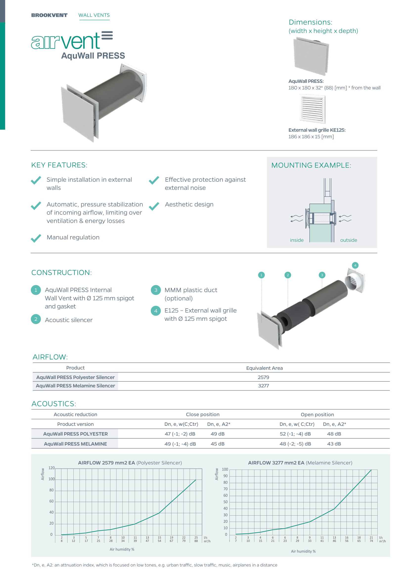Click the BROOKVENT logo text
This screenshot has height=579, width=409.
pyautogui.click(x=49, y=15)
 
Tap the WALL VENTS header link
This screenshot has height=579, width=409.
pyautogui.click(x=94, y=15)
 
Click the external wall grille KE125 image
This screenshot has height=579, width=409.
pyautogui.click(x=312, y=109)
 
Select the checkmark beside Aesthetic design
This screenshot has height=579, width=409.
pyautogui.click(x=154, y=206)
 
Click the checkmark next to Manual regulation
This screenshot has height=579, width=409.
pyautogui.click(x=36, y=238)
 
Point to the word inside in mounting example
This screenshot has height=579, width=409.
pyautogui.click(x=297, y=240)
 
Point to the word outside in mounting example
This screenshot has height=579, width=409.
pyautogui.click(x=349, y=240)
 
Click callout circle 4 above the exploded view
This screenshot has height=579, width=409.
pyautogui.click(x=355, y=265)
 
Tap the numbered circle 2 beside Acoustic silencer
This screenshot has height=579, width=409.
pyautogui.click(x=36, y=319)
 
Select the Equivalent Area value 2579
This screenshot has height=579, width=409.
pyautogui.click(x=263, y=377)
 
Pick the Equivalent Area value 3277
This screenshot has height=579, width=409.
pyautogui.click(x=263, y=386)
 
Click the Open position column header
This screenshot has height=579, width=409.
pyautogui.click(x=317, y=415)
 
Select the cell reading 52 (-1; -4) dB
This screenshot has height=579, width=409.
pyautogui.click(x=295, y=434)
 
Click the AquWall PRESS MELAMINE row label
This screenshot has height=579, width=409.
pyautogui.click(x=75, y=444)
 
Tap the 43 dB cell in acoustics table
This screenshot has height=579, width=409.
pyautogui.click(x=334, y=444)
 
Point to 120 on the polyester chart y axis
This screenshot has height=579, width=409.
pyautogui.click(x=51, y=468)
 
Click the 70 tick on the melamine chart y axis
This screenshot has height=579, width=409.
pyautogui.click(x=226, y=489)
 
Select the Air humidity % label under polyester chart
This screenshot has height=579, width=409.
pyautogui.click(x=122, y=549)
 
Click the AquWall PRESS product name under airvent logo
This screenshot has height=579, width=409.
pyautogui.click(x=93, y=56)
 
